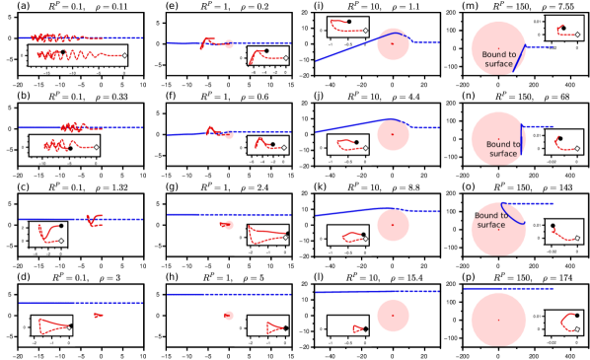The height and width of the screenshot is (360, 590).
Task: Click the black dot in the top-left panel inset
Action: coord(63,51)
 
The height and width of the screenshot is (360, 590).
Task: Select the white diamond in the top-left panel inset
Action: coord(124,56)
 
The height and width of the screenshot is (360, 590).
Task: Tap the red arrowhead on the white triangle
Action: coord(98,315)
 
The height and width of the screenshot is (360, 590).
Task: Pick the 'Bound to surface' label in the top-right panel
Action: coord(499,58)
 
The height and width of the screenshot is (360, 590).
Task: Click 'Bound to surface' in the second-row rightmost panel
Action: coord(502,149)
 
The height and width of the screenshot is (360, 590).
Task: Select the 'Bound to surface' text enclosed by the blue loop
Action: coord(489,220)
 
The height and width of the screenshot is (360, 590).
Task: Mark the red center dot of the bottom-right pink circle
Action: coord(498,320)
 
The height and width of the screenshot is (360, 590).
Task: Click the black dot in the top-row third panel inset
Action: coord(348,21)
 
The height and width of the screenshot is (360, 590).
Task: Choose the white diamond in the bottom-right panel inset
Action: coord(577,329)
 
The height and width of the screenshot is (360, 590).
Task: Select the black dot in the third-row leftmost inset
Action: coord(61,226)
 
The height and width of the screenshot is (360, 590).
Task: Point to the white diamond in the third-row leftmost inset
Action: coord(61,240)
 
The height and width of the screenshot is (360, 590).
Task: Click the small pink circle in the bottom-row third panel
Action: coord(393,316)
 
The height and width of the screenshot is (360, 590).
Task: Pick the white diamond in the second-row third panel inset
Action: coord(365,149)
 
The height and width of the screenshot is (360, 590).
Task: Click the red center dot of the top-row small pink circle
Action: coord(393,43)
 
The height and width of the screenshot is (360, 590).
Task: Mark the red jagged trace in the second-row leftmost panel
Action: coord(74,126)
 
